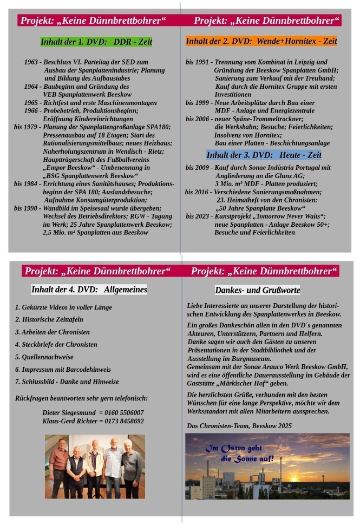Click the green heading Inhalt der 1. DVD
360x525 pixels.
coord(96,42)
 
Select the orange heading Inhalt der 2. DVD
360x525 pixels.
coord(261,41)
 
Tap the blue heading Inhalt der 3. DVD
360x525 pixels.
coord(264,155)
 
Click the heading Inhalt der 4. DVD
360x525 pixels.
coord(89,290)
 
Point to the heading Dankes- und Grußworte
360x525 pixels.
coord(257,290)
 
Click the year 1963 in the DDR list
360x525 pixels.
coord(31,62)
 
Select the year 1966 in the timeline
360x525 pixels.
coord(31,110)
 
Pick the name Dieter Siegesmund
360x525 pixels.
coord(67,412)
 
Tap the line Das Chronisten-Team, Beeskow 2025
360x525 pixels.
coord(239,426)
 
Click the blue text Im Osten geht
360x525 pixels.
coord(233,449)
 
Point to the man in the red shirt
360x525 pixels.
coord(58,460)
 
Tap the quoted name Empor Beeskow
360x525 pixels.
coord(63,168)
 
